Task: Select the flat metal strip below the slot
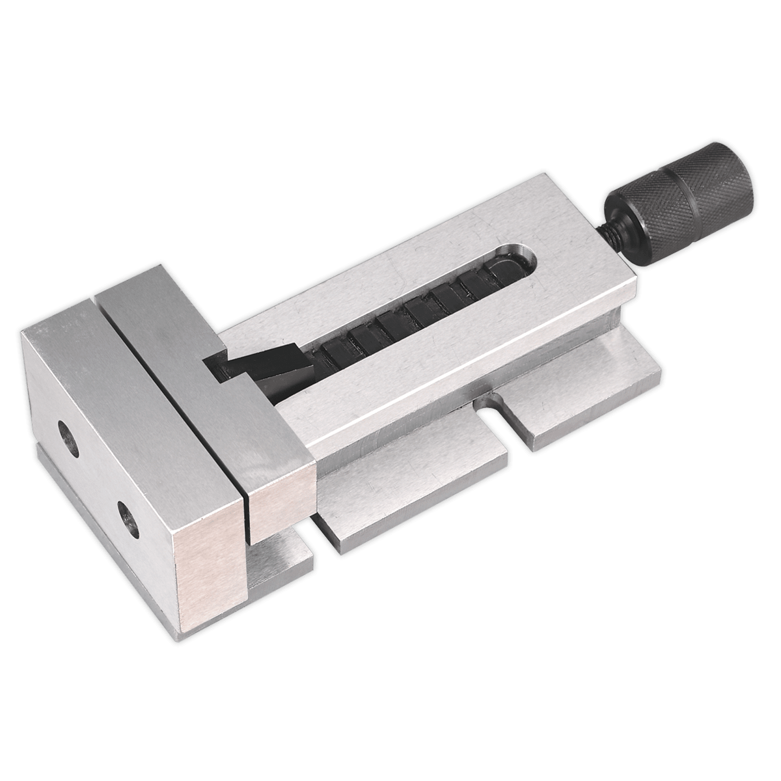pyautogui.click(x=456, y=364)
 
